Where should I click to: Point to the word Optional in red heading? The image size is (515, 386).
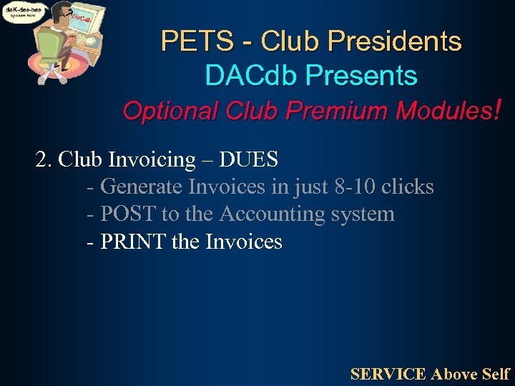coord(171,111)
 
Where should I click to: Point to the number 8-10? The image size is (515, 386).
coord(355,187)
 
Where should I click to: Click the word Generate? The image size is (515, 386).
coord(142,187)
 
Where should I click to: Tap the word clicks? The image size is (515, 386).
coord(407,187)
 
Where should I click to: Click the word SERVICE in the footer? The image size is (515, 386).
coord(388,374)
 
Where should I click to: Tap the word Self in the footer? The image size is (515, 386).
coord(496,374)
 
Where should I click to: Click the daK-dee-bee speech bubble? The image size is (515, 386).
coord(24,13)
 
